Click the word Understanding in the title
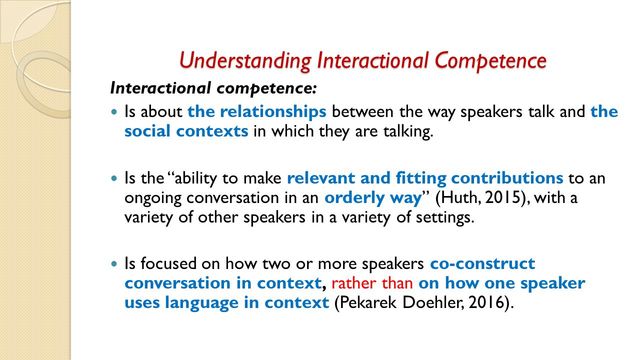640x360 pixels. click(231, 60)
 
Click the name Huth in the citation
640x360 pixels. click(436, 197)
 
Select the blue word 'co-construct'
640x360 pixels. click(482, 264)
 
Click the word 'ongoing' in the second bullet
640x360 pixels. click(155, 198)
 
